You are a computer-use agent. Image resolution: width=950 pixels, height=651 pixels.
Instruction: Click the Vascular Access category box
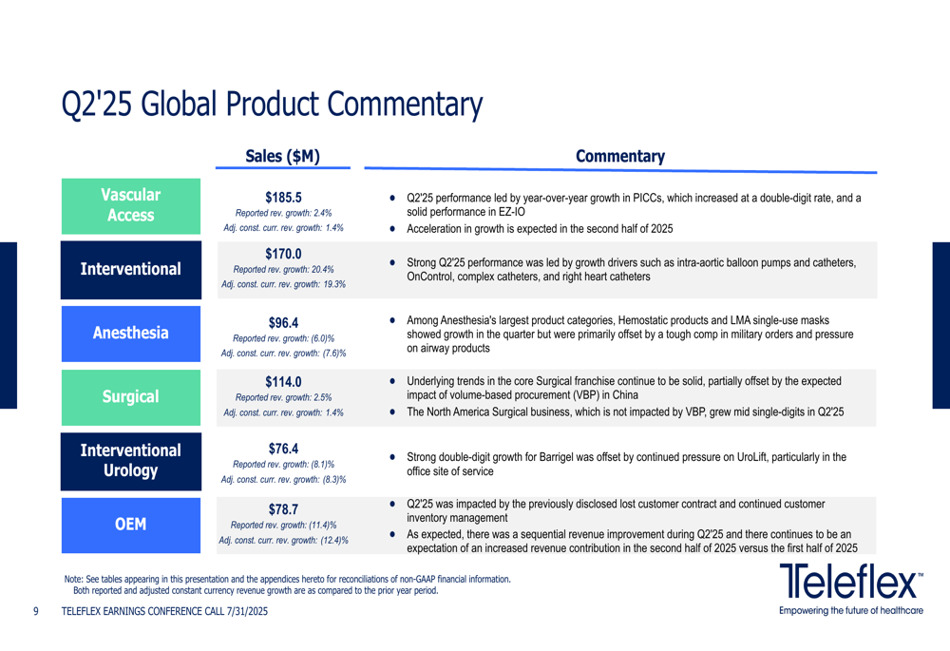[x=131, y=206]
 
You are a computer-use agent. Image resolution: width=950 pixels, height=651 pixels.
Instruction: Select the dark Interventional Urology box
[x=131, y=461]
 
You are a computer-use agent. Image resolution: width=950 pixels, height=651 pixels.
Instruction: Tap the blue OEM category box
[x=131, y=525]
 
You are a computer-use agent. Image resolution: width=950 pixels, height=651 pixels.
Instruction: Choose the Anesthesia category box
[x=131, y=334]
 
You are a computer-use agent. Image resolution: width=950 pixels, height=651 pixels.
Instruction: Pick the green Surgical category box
[x=131, y=397]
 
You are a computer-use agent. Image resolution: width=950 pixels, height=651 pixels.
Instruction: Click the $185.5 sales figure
[x=283, y=198]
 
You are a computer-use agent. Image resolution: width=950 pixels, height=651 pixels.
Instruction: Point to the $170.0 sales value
[x=283, y=254]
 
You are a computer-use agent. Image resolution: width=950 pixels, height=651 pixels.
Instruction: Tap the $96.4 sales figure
[x=283, y=323]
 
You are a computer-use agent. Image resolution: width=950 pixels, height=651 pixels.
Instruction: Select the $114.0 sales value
[x=283, y=382]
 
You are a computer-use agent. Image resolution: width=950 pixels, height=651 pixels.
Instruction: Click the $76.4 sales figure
[x=283, y=449]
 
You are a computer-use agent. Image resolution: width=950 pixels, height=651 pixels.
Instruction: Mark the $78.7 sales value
[x=283, y=509]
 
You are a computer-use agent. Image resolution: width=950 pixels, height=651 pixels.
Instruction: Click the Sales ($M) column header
[x=282, y=157]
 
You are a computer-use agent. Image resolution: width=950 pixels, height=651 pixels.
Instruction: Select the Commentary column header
[x=620, y=157]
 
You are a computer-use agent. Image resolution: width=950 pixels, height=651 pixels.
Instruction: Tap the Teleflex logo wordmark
[x=850, y=581]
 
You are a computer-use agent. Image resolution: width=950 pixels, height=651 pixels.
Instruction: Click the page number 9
[x=36, y=611]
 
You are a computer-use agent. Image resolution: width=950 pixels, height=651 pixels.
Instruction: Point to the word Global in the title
[x=179, y=104]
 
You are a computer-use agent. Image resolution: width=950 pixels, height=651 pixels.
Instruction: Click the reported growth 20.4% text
[x=283, y=269]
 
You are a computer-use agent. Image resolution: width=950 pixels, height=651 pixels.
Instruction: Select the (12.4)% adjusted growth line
[x=283, y=540]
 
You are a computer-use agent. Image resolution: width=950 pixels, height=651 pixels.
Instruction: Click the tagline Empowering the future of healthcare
[x=851, y=610]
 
